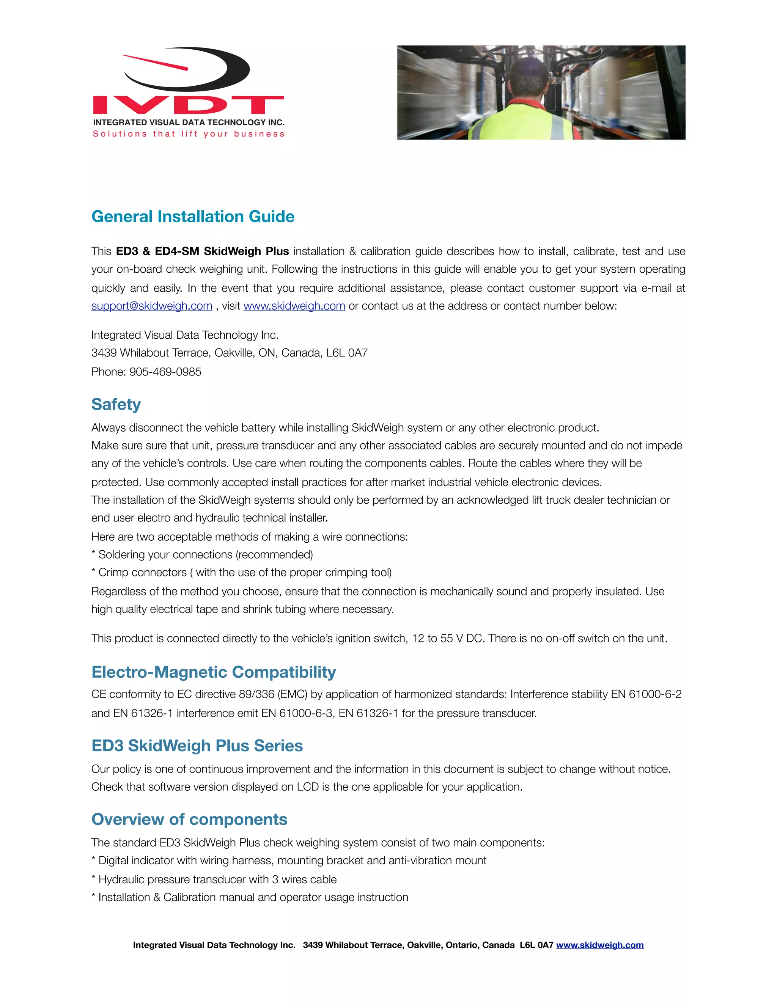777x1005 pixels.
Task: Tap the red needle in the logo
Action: [x=156, y=63]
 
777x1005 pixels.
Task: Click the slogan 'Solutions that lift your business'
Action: [x=189, y=134]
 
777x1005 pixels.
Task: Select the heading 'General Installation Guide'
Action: [x=193, y=217]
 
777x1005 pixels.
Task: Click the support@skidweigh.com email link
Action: [x=151, y=306]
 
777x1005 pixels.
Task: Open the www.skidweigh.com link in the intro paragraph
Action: [x=294, y=306]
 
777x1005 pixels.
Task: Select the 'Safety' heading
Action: [x=116, y=405]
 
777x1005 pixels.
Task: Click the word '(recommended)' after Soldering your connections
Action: [x=274, y=554]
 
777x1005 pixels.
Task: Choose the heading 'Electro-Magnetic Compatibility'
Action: [x=214, y=672]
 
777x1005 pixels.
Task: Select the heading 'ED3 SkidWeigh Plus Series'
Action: [x=197, y=746]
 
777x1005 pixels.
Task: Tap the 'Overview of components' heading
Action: [x=189, y=820]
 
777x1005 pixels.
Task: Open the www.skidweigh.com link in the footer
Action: [x=599, y=945]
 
